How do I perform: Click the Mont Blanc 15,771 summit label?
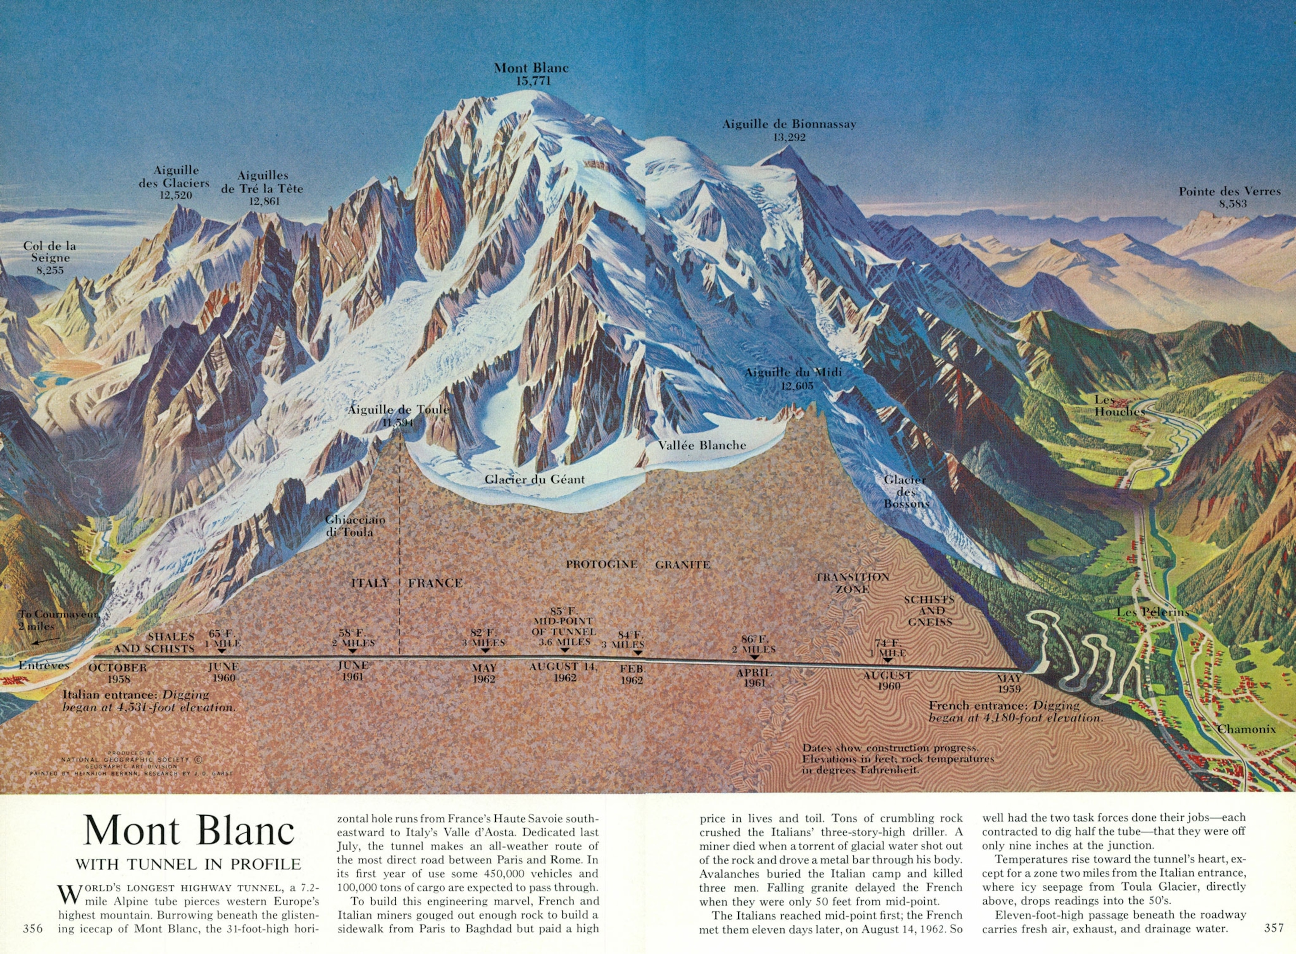coord(531,74)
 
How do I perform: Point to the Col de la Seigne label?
coord(50,257)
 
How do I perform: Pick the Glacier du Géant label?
coord(535,479)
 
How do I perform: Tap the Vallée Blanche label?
coord(702,445)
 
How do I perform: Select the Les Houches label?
coord(1119,405)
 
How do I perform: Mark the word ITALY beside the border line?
coord(370,583)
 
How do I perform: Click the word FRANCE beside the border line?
coord(435,583)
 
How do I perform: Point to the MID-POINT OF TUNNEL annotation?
coord(564,627)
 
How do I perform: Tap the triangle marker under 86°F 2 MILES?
coord(754,657)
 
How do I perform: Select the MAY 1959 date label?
coord(1009,684)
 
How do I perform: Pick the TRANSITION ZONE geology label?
coord(852,583)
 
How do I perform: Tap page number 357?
coord(1274,927)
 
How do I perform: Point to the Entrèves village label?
coord(43,665)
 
